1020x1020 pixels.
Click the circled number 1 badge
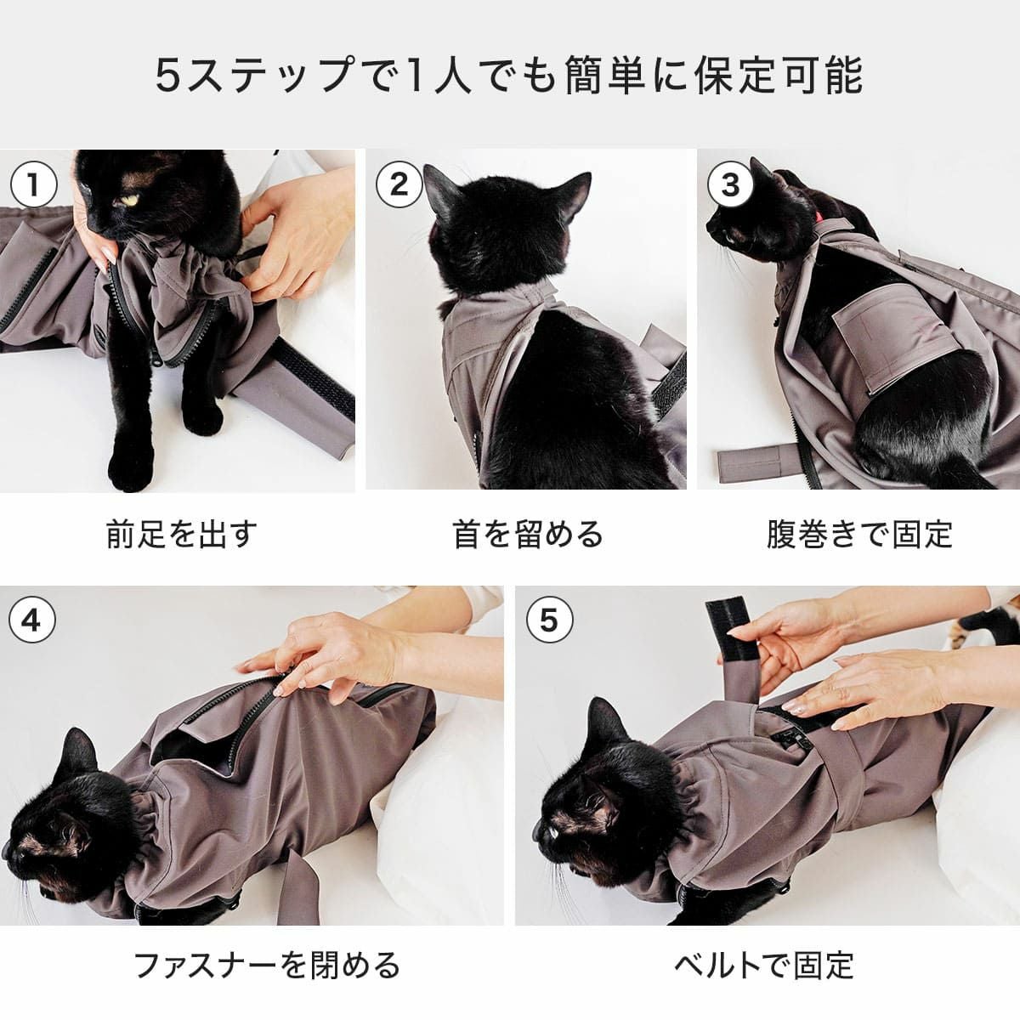pos(33,185)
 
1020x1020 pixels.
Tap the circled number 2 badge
pos(399,185)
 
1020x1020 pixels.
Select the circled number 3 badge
pos(730,185)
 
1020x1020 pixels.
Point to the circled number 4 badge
pos(31,620)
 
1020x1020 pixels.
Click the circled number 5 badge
pos(550,620)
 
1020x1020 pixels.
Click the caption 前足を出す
pos(181,535)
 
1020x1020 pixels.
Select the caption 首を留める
pos(527,535)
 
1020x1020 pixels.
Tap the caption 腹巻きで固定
pos(859,535)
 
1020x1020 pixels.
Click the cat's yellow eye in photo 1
pos(130,200)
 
